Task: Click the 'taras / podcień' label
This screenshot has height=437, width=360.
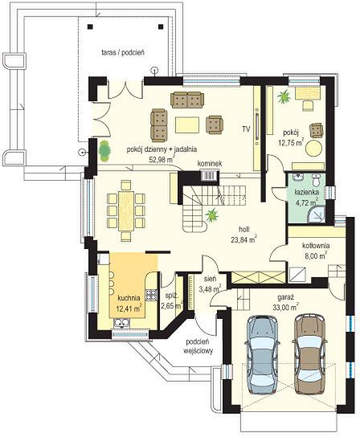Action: (x=123, y=52)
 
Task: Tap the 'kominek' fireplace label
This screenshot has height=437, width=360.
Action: (x=210, y=164)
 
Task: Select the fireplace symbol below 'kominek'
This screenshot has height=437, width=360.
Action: (x=210, y=176)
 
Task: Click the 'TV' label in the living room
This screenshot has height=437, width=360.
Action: (x=246, y=129)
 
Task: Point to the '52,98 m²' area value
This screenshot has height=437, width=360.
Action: (x=162, y=159)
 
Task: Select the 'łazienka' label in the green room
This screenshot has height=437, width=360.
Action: (x=307, y=192)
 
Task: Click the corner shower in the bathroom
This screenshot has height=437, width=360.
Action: (x=317, y=214)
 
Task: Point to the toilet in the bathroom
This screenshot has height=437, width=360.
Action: (x=316, y=179)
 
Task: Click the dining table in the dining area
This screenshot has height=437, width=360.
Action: (x=126, y=210)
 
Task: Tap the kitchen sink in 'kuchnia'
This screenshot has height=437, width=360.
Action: (x=121, y=322)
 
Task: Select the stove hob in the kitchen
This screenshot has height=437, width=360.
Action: (x=151, y=295)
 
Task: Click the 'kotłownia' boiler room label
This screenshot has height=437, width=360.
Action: (x=317, y=246)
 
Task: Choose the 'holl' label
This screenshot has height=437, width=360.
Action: (x=243, y=230)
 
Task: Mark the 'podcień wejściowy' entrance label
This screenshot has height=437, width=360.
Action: (x=198, y=346)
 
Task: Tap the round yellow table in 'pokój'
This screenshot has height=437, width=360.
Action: (x=314, y=149)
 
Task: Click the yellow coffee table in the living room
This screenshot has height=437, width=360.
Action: (x=187, y=125)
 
